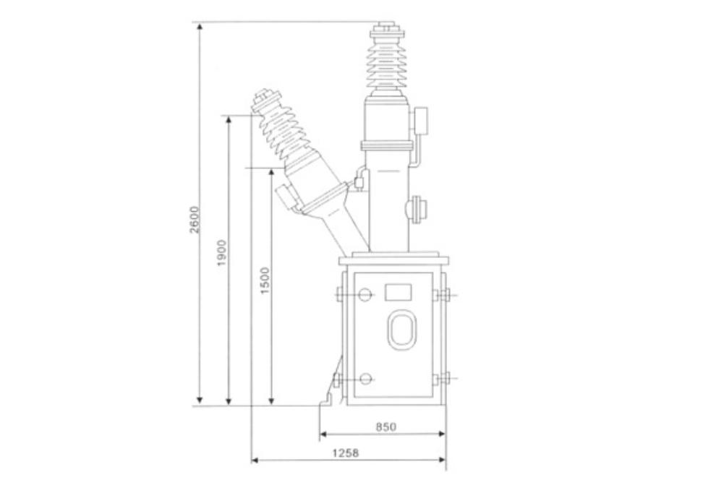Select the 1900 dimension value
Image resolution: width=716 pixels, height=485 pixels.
(x=223, y=252)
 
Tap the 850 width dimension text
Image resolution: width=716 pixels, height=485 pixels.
(x=386, y=427)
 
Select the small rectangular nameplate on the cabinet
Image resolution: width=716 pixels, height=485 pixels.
(x=398, y=292)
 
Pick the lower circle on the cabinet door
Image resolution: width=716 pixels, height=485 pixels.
(x=366, y=379)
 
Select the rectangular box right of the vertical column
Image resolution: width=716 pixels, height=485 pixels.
(x=422, y=119)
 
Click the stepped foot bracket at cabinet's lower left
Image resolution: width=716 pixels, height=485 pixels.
(x=331, y=390)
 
